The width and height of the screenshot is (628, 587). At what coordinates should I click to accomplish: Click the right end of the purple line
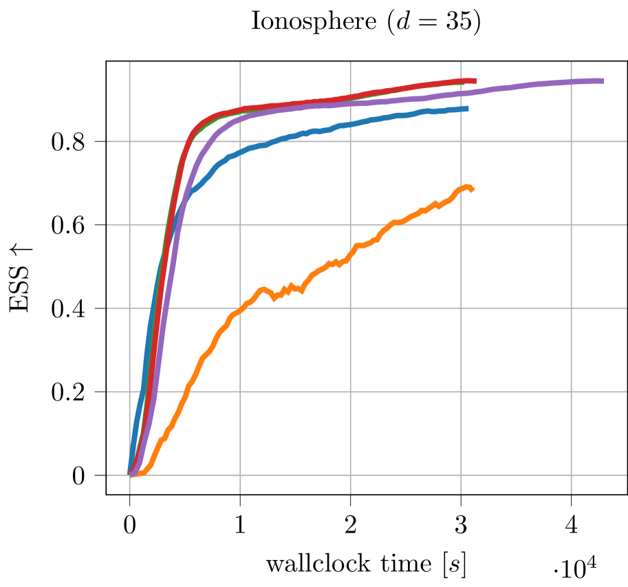(x=603, y=81)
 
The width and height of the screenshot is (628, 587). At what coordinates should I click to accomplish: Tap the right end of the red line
(x=475, y=81)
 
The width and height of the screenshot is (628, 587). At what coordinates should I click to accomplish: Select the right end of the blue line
(x=467, y=109)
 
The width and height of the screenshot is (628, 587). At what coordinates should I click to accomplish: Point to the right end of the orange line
(x=472, y=189)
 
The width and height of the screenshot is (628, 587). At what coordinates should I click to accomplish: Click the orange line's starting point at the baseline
(x=136, y=474)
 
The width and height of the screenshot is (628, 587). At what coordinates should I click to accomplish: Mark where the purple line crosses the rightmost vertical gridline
(x=571, y=83)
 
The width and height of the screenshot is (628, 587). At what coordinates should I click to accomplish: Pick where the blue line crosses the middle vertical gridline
(x=350, y=125)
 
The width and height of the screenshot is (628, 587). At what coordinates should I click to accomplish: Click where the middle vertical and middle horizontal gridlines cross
(x=350, y=308)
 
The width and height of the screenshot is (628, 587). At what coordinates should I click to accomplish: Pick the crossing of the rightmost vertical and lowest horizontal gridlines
(x=571, y=475)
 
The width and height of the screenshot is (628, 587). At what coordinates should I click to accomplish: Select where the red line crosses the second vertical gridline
(x=240, y=109)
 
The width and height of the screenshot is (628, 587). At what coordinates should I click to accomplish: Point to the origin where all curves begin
(x=130, y=473)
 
